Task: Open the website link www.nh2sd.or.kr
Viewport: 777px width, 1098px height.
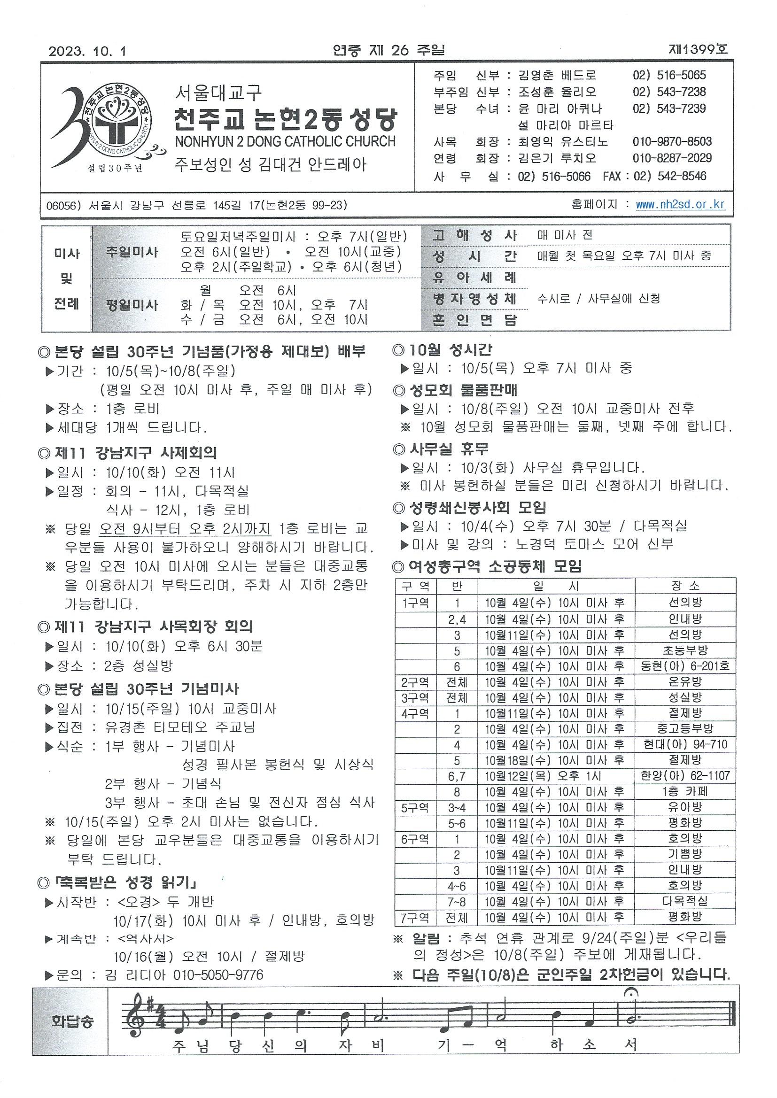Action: pyautogui.click(x=680, y=205)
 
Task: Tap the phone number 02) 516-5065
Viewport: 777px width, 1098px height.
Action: pyautogui.click(x=669, y=75)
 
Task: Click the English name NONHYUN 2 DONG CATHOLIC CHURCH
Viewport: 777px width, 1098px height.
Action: pyautogui.click(x=285, y=141)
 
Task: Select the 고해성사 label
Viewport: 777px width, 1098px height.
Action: pyautogui.click(x=474, y=235)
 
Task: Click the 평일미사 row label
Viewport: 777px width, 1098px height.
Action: pyautogui.click(x=132, y=305)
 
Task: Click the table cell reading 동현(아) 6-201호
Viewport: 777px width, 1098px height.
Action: pyautogui.click(x=684, y=666)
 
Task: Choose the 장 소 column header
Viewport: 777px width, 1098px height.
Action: pyautogui.click(x=685, y=586)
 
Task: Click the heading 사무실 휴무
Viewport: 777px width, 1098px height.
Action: pyautogui.click(x=448, y=448)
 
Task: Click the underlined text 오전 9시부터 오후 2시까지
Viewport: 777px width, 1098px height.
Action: pyautogui.click(x=185, y=528)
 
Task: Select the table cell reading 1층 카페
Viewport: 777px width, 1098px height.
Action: pyautogui.click(x=684, y=791)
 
